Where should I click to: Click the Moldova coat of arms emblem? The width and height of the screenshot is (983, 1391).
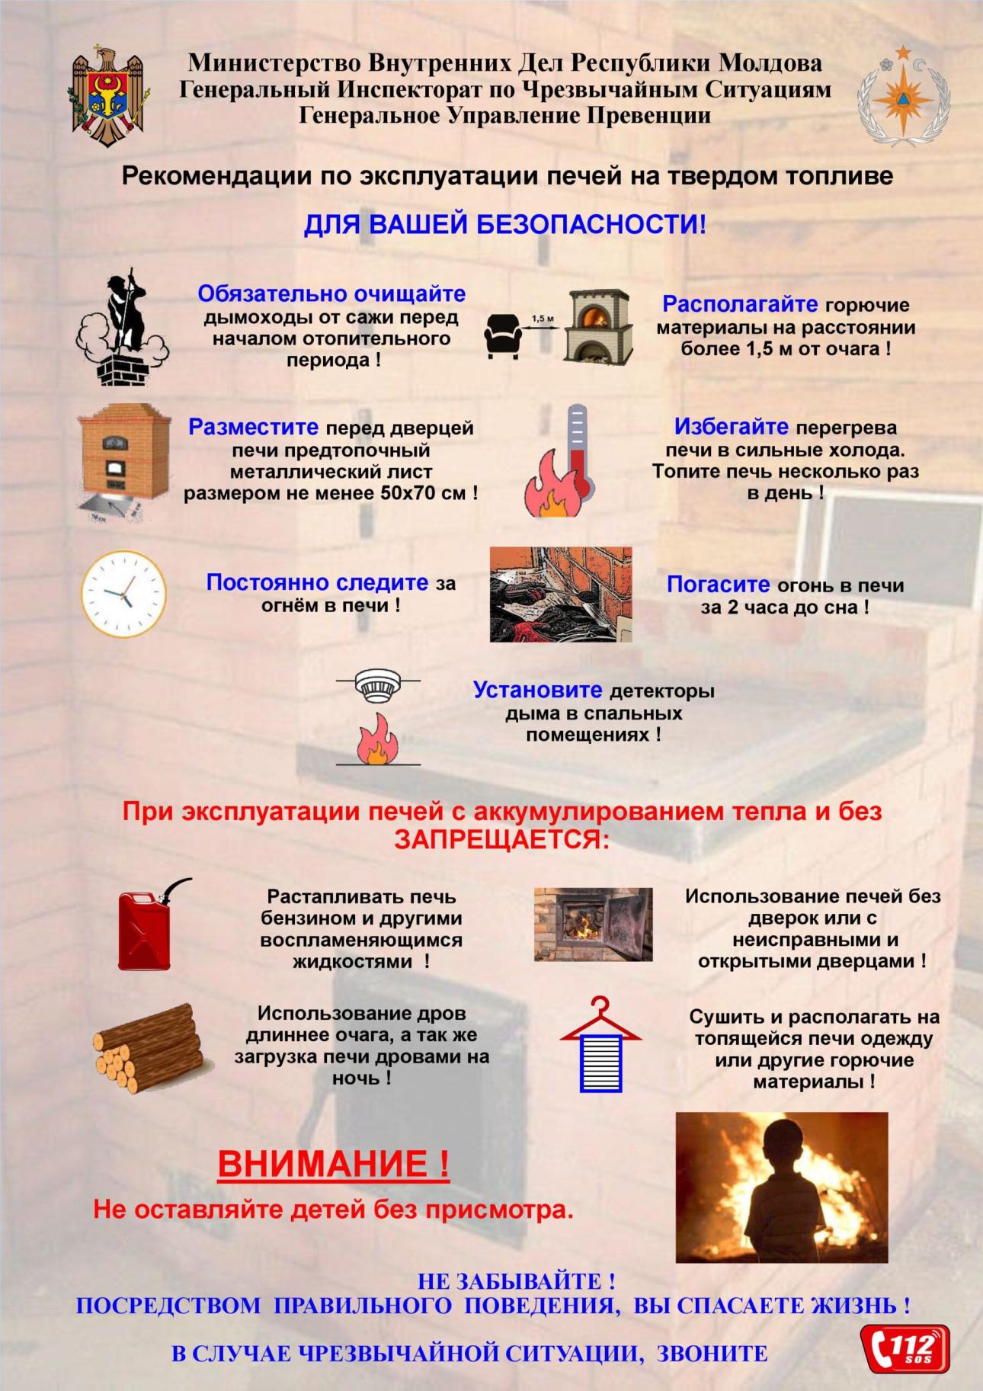pos(110,97)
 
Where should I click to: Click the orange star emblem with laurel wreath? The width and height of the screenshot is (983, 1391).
pos(903,97)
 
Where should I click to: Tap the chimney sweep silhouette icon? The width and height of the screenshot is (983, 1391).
pos(122,328)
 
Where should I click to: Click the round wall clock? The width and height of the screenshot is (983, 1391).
pos(123,594)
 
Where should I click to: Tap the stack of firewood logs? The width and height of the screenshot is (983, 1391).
pos(147,1048)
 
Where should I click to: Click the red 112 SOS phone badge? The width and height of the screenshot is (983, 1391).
pos(905,1348)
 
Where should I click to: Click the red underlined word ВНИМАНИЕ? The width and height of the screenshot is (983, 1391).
pos(334,1163)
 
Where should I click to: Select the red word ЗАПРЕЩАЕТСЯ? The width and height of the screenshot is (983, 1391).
pos(501,839)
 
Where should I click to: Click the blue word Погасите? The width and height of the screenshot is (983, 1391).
pos(718,585)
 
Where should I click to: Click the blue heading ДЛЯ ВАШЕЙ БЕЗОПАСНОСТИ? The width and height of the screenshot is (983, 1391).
pos(504,224)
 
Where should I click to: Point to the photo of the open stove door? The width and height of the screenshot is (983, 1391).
pos(593,924)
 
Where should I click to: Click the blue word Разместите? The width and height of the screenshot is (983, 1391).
pos(253,427)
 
